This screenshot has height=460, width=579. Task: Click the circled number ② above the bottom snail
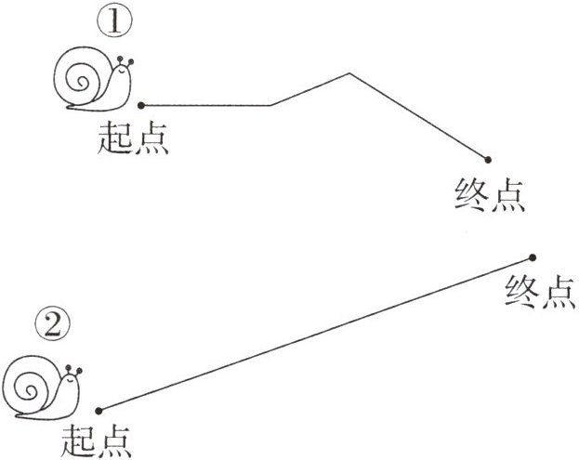point(54,325)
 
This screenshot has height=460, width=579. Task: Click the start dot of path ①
point(140,104)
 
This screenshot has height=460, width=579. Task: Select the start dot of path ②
point(97,410)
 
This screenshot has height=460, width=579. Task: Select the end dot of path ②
point(533,257)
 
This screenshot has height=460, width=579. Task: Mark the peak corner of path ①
point(349,72)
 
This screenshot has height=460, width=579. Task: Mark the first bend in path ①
point(270,105)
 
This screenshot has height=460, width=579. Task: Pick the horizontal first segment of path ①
point(205,105)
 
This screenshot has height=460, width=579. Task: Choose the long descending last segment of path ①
point(418,116)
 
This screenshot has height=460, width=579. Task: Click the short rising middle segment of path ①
point(309,89)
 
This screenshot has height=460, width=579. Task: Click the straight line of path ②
point(314,334)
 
